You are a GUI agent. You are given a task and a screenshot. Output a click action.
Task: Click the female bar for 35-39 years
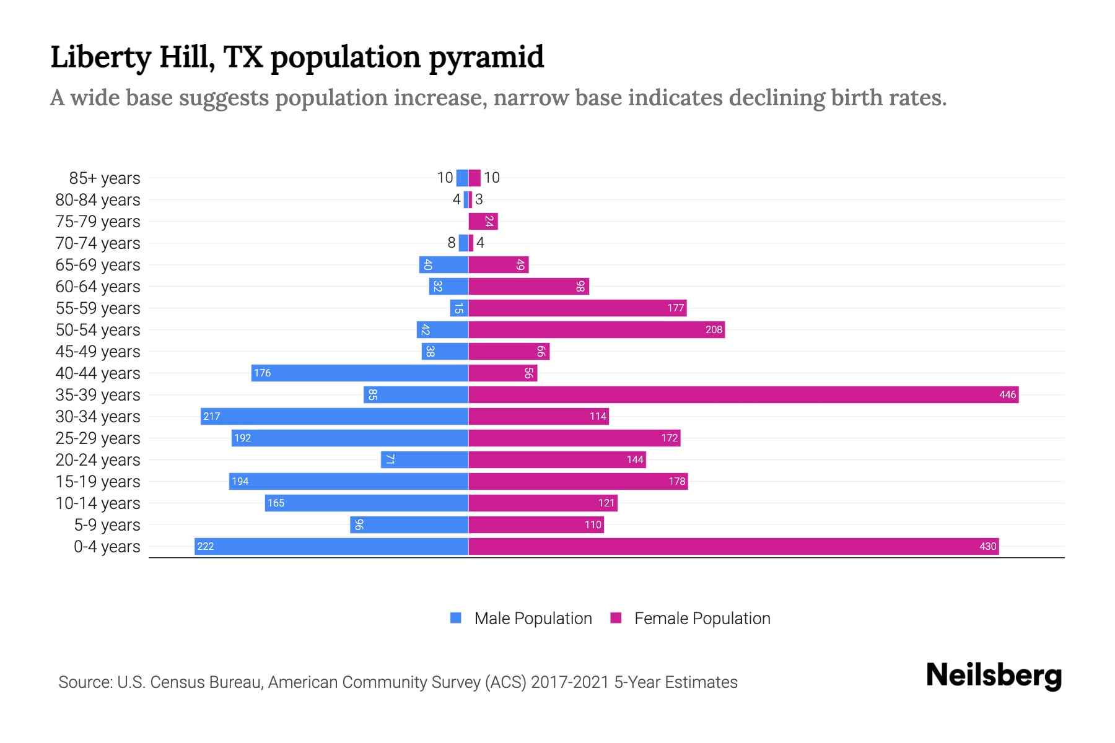coord(743,394)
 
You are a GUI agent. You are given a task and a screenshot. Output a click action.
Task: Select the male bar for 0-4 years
coord(331,546)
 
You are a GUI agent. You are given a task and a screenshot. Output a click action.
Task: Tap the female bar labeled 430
coord(733,546)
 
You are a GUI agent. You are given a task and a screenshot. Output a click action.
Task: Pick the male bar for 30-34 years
coord(334,416)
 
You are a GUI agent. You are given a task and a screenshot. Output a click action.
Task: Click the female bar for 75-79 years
coord(483,221)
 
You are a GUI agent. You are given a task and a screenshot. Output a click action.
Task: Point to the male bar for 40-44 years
coord(359,373)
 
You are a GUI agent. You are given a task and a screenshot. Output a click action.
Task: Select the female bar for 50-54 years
coord(597,329)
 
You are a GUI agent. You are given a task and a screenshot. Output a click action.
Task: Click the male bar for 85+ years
coord(462,178)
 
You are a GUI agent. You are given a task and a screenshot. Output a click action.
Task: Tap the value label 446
coord(1007,394)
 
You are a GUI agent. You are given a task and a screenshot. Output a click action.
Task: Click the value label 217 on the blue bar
coord(212,416)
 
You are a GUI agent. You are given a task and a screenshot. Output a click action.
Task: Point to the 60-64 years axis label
coord(98,286)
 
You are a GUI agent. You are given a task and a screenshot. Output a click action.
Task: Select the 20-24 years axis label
coord(98,459)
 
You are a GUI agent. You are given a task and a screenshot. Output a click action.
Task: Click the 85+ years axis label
coord(105,178)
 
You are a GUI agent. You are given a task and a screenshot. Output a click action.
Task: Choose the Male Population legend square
coord(456,618)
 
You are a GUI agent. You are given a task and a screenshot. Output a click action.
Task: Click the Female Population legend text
coord(702,618)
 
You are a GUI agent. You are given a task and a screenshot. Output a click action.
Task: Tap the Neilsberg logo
coord(994,675)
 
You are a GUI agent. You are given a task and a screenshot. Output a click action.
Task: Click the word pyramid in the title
coord(486,57)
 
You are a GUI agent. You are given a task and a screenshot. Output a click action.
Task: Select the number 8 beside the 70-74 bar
coord(452,243)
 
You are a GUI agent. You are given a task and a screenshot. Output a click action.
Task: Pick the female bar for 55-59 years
coord(577,308)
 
